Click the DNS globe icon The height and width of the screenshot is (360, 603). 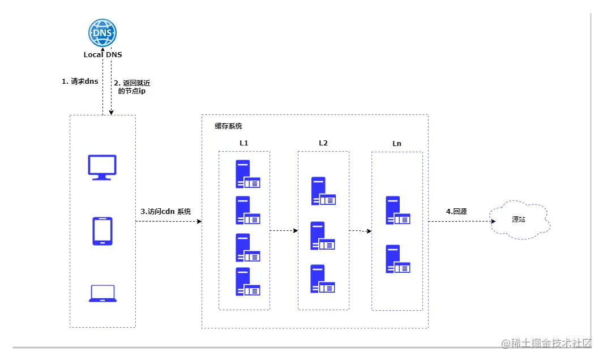(x=102, y=33)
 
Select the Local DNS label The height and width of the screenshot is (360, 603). (x=102, y=55)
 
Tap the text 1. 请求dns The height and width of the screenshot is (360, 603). (x=80, y=82)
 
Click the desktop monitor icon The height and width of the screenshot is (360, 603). (x=102, y=167)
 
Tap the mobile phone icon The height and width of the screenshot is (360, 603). (x=102, y=231)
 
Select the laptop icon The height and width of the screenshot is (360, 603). (x=102, y=293)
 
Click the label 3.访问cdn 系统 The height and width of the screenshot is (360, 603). (x=166, y=212)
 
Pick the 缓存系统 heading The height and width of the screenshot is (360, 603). (x=228, y=126)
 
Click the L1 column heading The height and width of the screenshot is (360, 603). (x=244, y=143)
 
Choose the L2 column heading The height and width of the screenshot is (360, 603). (x=323, y=143)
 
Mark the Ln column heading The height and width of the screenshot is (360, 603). (x=397, y=144)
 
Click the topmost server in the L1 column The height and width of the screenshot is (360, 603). (x=247, y=174)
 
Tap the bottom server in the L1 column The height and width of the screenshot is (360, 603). (x=247, y=281)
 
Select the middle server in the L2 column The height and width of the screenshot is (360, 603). (x=322, y=236)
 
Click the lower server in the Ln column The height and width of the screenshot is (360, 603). (x=397, y=259)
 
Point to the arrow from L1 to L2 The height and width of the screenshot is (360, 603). (x=284, y=231)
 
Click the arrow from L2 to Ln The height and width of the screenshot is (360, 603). (x=360, y=231)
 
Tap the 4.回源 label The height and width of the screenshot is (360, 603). (x=456, y=212)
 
